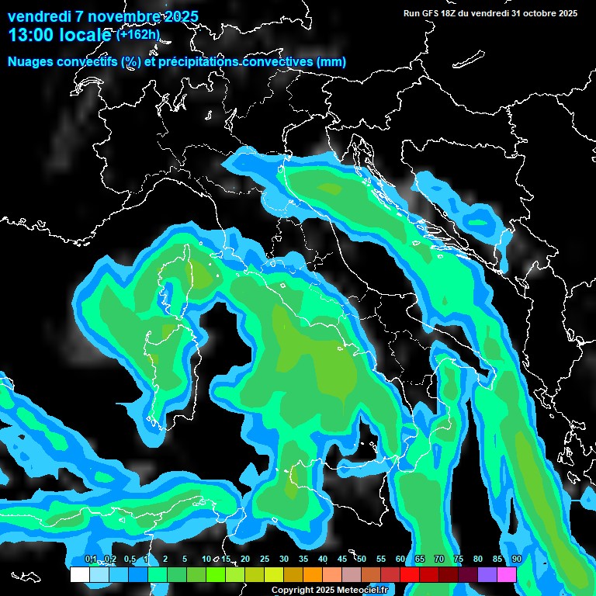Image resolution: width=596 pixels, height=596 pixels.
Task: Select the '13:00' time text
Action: click(30, 35)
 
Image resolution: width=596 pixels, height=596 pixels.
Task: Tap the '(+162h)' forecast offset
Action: click(137, 34)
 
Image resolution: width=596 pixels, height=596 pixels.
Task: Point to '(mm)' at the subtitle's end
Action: click(331, 62)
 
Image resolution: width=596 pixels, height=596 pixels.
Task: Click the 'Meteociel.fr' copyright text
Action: click(366, 591)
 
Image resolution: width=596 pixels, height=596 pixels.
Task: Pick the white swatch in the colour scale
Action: click(79, 574)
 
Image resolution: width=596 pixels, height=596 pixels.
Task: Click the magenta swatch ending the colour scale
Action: click(507, 574)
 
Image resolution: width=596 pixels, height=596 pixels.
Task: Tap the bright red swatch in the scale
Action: click(410, 574)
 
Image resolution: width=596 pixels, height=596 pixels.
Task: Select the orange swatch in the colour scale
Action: click(312, 574)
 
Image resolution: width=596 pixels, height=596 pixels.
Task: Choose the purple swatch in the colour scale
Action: click(487, 574)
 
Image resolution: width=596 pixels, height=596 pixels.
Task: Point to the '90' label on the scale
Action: click(516, 560)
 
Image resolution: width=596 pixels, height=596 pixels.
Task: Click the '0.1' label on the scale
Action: click(91, 560)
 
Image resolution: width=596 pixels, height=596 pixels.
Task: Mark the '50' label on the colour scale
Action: click(361, 560)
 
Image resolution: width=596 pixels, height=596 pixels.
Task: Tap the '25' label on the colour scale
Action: click(264, 560)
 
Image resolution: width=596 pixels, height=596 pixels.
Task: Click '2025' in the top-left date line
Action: click(180, 16)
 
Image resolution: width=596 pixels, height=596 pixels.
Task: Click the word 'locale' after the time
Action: click(86, 35)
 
